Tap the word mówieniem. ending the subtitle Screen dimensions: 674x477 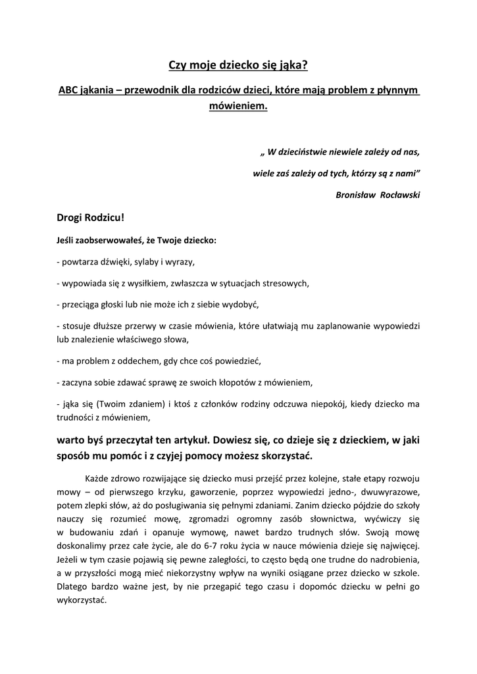click(238, 105)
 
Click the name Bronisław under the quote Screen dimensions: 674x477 click(355, 195)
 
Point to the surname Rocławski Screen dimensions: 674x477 click(400, 195)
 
